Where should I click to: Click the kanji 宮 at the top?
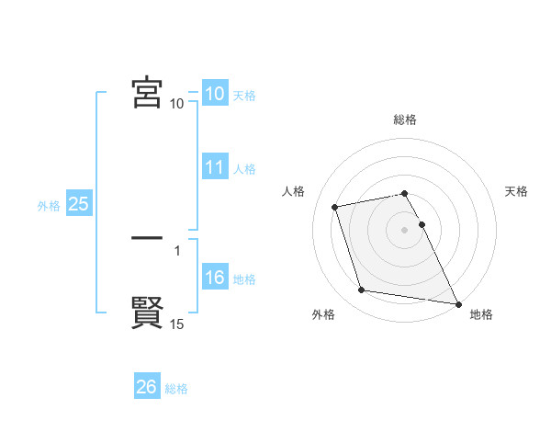click(x=147, y=93)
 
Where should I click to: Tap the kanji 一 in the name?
click(x=147, y=238)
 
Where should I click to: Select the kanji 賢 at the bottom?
click(x=147, y=313)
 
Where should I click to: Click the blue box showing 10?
click(x=214, y=94)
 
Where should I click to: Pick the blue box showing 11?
click(x=214, y=168)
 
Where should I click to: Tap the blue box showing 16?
click(x=214, y=279)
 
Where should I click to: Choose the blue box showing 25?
click(x=78, y=205)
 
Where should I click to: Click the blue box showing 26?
click(x=146, y=388)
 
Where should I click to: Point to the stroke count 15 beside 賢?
click(x=177, y=324)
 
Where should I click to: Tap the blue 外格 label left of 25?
click(x=49, y=206)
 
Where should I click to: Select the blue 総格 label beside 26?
click(x=176, y=389)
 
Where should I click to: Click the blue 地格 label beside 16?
click(x=244, y=279)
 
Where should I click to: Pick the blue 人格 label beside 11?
click(x=244, y=169)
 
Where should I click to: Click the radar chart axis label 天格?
click(x=516, y=191)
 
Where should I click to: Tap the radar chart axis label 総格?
click(x=405, y=120)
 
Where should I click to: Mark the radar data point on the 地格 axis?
click(x=457, y=302)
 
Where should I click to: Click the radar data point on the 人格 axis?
click(x=335, y=206)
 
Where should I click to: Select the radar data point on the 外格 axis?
click(x=362, y=290)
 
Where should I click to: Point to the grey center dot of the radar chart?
click(x=404, y=230)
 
